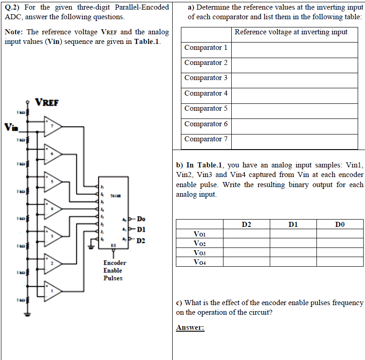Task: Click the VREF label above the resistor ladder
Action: coord(47,102)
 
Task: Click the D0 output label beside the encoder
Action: coord(141,218)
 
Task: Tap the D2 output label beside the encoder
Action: coord(141,241)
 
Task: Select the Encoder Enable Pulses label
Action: coord(114,270)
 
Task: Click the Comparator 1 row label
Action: coord(206,48)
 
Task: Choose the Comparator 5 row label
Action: coord(206,108)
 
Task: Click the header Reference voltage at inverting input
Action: coord(291,32)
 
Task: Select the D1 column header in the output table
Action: coord(293,224)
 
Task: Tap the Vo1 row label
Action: coord(200,234)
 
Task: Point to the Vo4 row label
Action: coord(200,262)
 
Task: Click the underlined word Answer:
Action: coord(190,328)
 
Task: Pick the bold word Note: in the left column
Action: coord(14,32)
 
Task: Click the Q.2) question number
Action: coord(13,7)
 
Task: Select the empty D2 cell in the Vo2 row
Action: coord(246,243)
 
